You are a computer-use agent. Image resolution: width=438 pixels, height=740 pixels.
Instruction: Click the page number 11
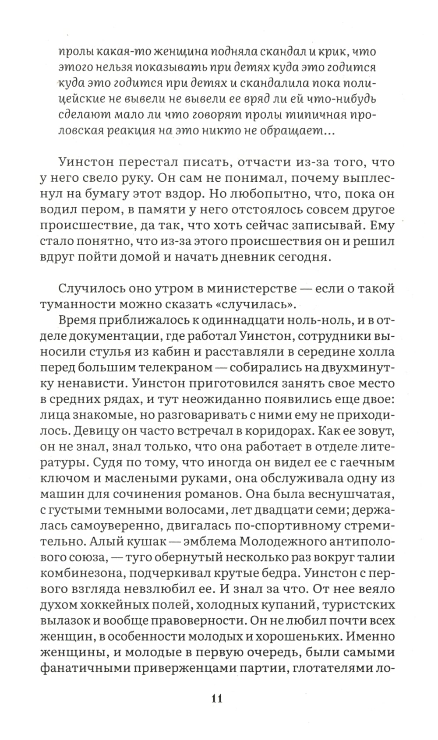point(217,698)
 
